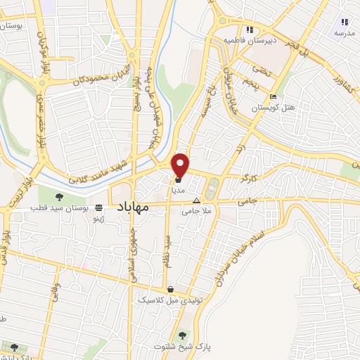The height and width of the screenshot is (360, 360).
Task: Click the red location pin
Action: click(x=181, y=165)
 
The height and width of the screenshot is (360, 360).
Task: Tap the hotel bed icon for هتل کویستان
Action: click(x=273, y=96)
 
